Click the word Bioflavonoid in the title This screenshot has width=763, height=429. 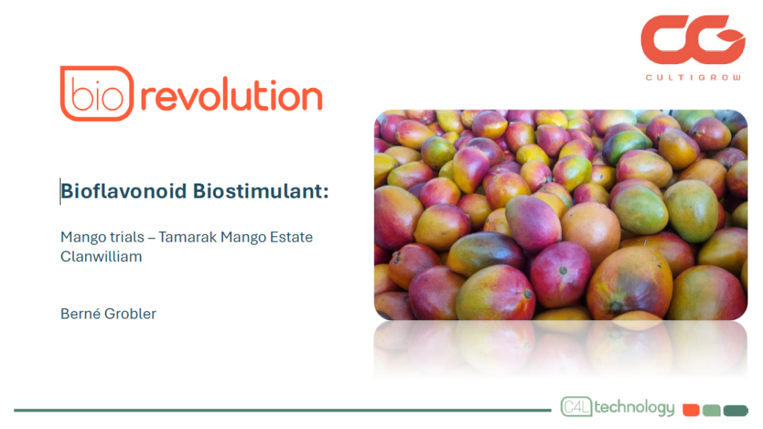[x=124, y=191]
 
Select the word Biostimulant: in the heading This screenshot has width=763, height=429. [x=261, y=191]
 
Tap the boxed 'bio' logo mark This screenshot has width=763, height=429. [x=97, y=93]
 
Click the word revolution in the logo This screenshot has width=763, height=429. [x=231, y=95]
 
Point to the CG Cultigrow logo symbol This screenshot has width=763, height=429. [x=692, y=40]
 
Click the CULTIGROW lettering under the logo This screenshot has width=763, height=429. [x=693, y=78]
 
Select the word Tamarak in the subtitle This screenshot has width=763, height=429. [x=187, y=237]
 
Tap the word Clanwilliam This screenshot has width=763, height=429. [x=101, y=257]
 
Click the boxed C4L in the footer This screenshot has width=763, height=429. [x=577, y=407]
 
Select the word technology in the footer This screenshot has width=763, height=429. [x=635, y=407]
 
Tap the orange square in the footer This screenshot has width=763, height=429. [x=691, y=410]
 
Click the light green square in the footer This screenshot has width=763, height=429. [x=712, y=410]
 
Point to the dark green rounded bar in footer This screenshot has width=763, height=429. [x=735, y=410]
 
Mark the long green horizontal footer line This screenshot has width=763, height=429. [x=282, y=410]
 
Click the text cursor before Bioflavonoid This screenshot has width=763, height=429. [x=60, y=191]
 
